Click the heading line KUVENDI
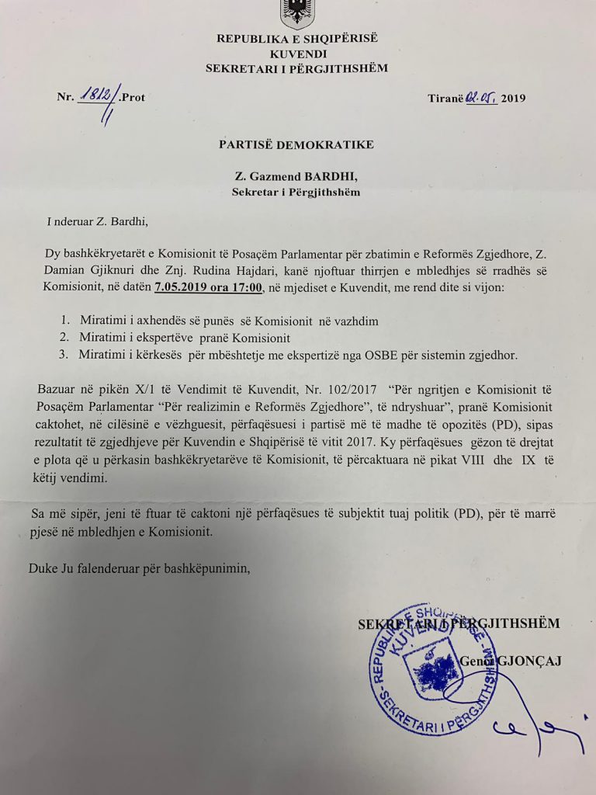pos(296,54)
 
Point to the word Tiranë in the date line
pos(445,98)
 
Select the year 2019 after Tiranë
pos(513,98)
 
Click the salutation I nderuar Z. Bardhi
pos(96,223)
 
